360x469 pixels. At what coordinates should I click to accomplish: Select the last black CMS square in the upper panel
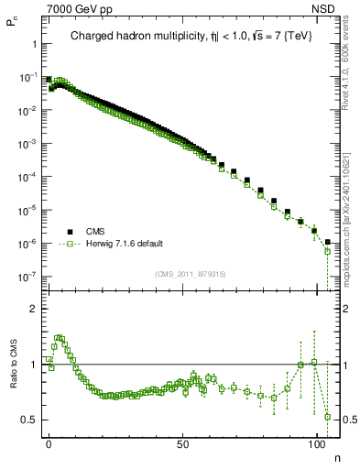(x=327, y=242)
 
